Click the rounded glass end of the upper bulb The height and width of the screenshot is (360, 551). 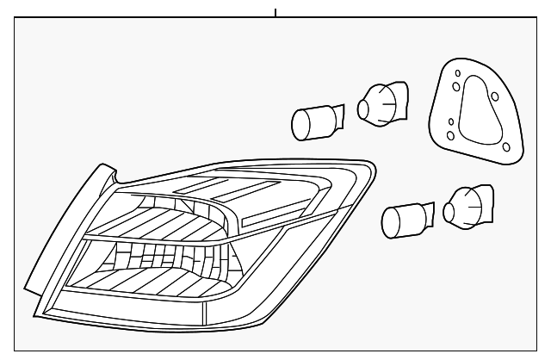click(x=300, y=126)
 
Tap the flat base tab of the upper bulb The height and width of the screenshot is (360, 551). click(x=338, y=117)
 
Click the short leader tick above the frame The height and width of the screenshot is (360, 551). click(x=275, y=12)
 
